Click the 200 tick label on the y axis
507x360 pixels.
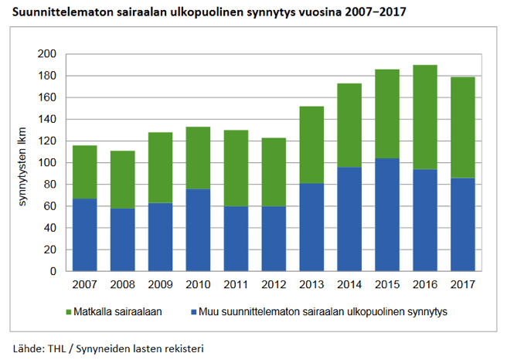47,54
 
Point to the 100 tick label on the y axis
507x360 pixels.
47,163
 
